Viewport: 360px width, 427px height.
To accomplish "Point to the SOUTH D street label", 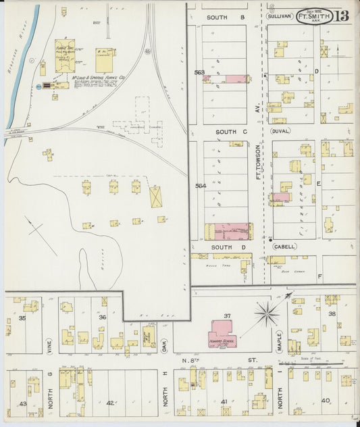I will coord(224,247).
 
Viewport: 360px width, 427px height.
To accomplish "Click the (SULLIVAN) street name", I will coord(279,16).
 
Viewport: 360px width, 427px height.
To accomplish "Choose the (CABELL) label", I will coord(283,247).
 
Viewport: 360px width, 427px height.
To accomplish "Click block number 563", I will coord(199,72).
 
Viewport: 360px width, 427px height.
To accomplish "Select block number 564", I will coord(200,186).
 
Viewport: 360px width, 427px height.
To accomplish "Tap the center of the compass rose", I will coord(268,312).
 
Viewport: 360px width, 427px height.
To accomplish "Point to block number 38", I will coord(332,314).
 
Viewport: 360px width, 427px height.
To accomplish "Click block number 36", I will coord(103,317).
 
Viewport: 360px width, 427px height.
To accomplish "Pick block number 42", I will coord(110,403).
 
